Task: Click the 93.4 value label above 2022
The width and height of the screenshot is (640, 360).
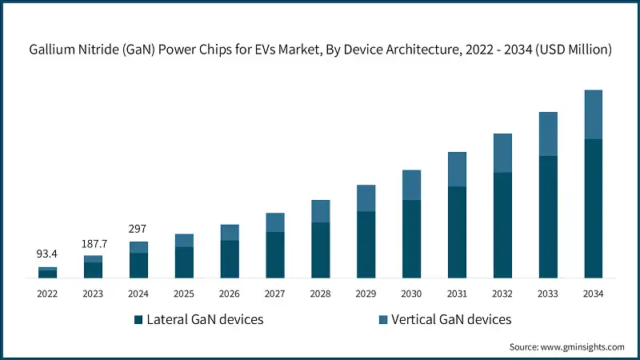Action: (x=47, y=254)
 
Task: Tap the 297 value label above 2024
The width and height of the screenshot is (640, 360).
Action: (x=138, y=229)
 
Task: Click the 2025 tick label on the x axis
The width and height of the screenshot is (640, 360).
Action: (x=184, y=294)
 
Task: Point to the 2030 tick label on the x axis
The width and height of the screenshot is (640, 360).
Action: (x=411, y=294)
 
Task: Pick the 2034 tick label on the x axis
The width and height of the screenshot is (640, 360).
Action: (x=593, y=294)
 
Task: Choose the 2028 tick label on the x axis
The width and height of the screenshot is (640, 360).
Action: (x=320, y=294)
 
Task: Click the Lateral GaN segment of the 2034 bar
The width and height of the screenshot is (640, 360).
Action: (x=593, y=209)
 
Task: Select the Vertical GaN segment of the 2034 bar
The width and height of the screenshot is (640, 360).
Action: (x=593, y=114)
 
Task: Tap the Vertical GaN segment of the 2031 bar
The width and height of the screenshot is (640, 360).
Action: (x=457, y=170)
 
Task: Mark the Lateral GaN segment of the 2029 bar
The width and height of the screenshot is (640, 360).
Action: (x=366, y=245)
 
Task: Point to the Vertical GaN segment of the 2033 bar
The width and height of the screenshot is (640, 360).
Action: (x=547, y=134)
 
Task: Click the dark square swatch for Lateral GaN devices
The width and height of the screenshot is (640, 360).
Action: (x=138, y=320)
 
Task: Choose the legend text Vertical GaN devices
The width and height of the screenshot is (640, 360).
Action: (x=453, y=320)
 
